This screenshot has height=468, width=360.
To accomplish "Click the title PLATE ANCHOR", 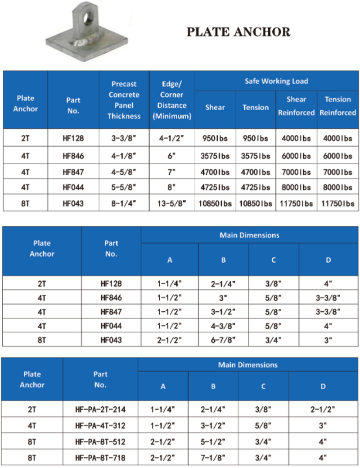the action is coord(238,31).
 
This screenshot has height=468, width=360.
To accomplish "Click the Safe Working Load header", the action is coord(276,81).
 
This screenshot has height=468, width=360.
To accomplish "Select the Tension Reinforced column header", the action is coord(337,106).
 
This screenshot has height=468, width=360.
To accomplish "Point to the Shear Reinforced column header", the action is coord(296,106).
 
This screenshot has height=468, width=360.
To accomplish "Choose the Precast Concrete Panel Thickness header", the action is coord(124,100).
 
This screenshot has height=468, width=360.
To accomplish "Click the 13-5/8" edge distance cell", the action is coord(172,203).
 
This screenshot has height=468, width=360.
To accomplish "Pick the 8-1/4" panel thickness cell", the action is coord(124,203).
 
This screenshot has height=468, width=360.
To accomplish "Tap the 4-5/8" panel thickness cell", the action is coord(124,172).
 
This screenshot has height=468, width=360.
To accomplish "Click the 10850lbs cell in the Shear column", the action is coord(215,203).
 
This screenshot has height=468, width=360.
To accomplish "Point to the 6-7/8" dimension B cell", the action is coord(223,341).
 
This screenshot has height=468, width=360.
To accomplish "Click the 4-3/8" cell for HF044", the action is coord(223,326).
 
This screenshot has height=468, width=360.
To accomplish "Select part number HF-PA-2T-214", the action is coord(100,409).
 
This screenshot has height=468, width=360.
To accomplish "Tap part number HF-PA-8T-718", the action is coord(100,458).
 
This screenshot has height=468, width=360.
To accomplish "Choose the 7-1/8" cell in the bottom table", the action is coord(213,458).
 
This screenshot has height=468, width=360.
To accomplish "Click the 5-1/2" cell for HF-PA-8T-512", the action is coord(213,442).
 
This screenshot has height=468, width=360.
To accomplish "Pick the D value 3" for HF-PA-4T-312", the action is coord(323,426).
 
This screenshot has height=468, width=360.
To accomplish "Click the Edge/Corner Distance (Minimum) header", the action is coord(172,100).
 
